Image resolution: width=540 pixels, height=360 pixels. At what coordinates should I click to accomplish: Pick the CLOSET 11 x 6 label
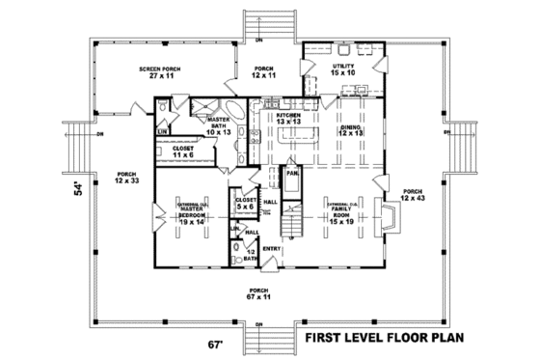point(184,152)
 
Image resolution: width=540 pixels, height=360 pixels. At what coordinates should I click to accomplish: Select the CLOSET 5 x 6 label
point(244,204)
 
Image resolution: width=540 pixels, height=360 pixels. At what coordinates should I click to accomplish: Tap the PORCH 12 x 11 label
point(264,72)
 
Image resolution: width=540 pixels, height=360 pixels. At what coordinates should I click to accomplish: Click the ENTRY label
point(273,248)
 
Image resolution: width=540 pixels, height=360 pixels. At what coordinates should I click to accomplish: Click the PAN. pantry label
point(289,175)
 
